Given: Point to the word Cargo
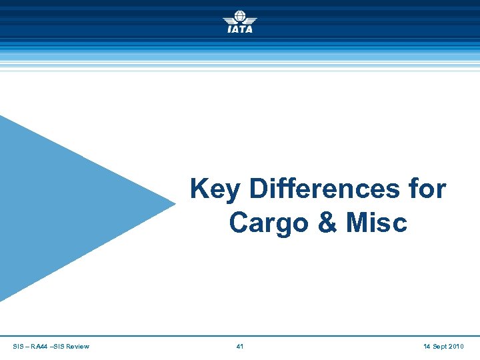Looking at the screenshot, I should pyautogui.click(x=265, y=223).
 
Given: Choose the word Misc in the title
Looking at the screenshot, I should pyautogui.click(x=376, y=223).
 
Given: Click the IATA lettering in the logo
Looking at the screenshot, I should pyautogui.click(x=240, y=29).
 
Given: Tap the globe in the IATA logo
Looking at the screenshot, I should pyautogui.click(x=240, y=16).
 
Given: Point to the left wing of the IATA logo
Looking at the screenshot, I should pyautogui.click(x=229, y=20).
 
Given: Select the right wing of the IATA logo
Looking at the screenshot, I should pyautogui.click(x=251, y=20).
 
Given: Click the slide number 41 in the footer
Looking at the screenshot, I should pyautogui.click(x=240, y=346).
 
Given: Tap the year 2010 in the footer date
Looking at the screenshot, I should pyautogui.click(x=457, y=346).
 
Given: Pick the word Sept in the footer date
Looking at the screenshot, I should pyautogui.click(x=440, y=346).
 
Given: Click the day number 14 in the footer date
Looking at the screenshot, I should pyautogui.click(x=427, y=346).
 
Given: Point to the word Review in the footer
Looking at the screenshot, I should pyautogui.click(x=78, y=346).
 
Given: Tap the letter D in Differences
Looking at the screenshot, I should pyautogui.click(x=258, y=189).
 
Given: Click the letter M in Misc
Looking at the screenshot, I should pyautogui.click(x=357, y=223).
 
